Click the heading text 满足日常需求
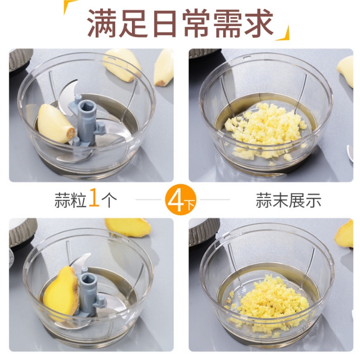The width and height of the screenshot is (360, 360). (180, 23)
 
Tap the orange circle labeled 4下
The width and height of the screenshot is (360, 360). (180, 199)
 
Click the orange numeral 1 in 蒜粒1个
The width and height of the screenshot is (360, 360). (94, 197)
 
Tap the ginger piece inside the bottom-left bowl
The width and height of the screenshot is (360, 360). (61, 291)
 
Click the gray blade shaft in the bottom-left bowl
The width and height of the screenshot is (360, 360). (88, 292)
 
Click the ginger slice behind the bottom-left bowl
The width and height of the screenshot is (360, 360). (128, 227)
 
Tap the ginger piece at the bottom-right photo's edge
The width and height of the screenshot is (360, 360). (345, 234)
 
